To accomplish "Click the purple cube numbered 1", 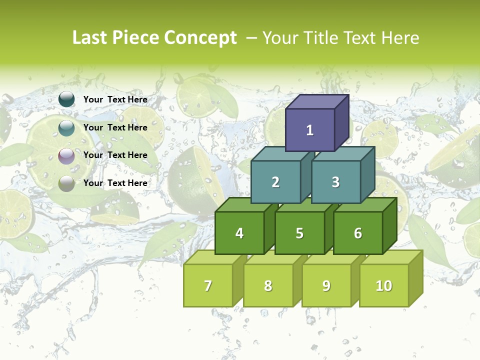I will [x=310, y=130].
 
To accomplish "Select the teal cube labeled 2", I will [x=275, y=182].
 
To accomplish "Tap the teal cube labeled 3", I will [x=335, y=182].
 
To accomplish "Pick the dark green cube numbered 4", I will [x=239, y=233].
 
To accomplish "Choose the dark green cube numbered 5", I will [x=299, y=233].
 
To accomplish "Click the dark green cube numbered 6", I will [x=358, y=233].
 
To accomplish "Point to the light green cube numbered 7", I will [x=208, y=285].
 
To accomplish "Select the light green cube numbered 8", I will [x=268, y=285].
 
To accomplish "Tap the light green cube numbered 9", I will [x=326, y=285].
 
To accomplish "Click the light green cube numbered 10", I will [x=384, y=285].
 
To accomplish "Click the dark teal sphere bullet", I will [x=66, y=99].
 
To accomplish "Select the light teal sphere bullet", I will [x=66, y=128].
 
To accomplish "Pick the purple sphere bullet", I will [x=66, y=156].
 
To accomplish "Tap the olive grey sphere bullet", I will [x=66, y=183].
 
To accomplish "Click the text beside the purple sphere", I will [x=115, y=155].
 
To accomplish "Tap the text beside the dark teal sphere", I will [x=115, y=99].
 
